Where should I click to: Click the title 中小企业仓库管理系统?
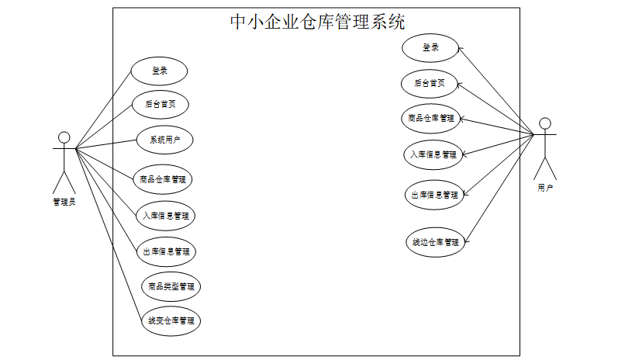click(317, 22)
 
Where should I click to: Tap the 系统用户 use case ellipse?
click(164, 140)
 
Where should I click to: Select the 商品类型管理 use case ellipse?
click(171, 286)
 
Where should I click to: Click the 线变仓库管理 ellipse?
click(171, 320)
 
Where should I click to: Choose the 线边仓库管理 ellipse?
click(434, 241)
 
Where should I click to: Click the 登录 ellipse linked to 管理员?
click(159, 71)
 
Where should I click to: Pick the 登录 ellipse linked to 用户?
click(430, 48)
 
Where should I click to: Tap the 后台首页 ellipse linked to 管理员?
click(161, 102)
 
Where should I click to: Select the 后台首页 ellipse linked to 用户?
click(429, 83)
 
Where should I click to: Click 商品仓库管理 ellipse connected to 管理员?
click(163, 179)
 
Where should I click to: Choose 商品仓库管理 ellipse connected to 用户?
click(433, 119)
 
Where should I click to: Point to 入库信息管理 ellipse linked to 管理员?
click(165, 216)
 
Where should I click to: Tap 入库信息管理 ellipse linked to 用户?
click(434, 154)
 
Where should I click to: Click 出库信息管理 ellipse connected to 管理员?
click(166, 251)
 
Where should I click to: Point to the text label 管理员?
click(64, 202)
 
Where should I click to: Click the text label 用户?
click(545, 188)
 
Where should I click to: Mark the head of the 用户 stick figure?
click(545, 123)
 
